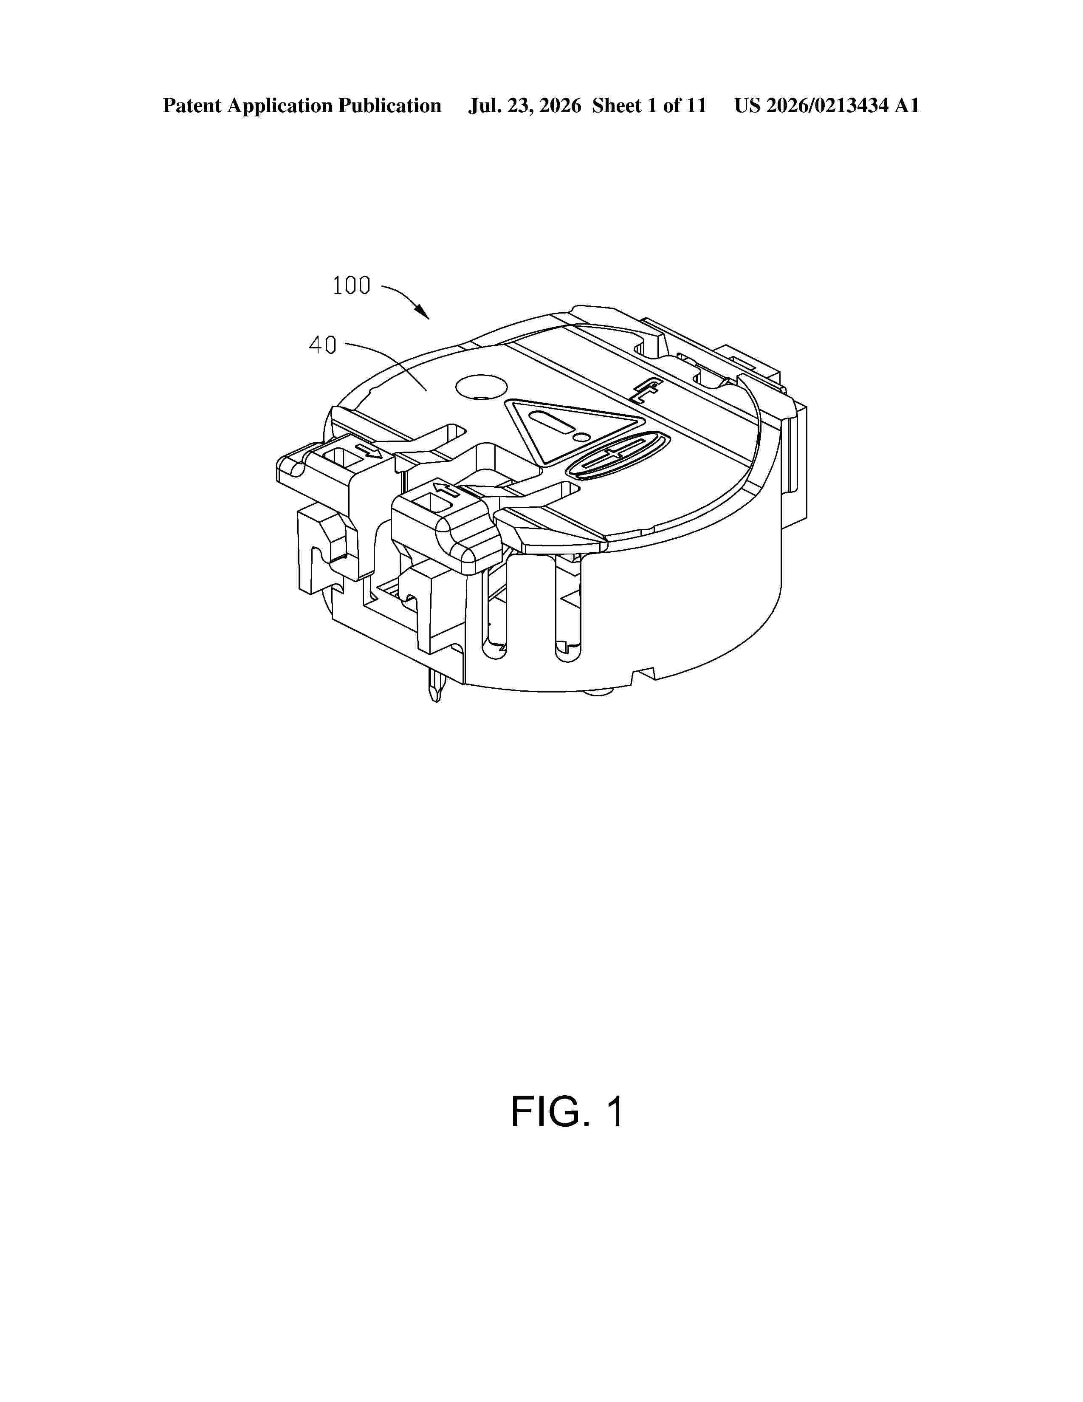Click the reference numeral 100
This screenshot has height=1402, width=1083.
(x=352, y=285)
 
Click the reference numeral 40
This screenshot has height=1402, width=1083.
(x=323, y=345)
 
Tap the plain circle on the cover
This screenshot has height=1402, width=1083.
(x=481, y=387)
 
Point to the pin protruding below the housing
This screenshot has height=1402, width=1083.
(x=435, y=686)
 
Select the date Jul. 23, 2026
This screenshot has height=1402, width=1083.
(x=524, y=106)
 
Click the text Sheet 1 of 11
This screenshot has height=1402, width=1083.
(x=649, y=106)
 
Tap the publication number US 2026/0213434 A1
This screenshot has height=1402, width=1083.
(x=826, y=106)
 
